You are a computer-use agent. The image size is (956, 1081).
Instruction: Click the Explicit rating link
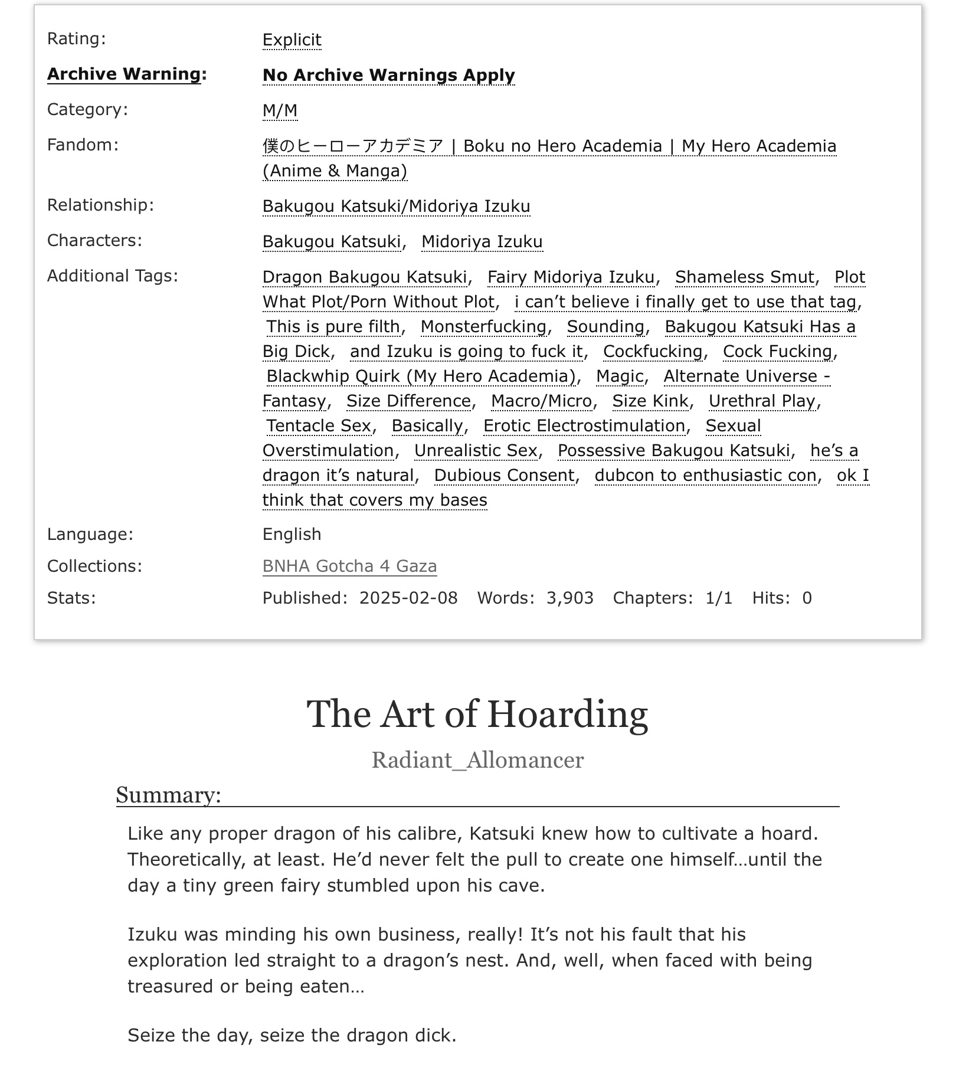(292, 40)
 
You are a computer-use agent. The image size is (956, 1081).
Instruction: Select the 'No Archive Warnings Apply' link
(388, 75)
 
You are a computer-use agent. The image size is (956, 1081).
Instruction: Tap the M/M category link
(280, 110)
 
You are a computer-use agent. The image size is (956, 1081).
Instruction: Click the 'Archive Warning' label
(124, 74)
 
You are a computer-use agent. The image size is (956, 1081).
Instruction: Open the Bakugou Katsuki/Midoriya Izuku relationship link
(396, 206)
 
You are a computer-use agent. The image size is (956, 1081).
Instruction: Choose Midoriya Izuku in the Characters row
(482, 241)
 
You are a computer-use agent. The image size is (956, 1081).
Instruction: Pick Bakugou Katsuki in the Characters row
(332, 241)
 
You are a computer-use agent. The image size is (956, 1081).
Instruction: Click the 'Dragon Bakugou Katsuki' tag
(365, 277)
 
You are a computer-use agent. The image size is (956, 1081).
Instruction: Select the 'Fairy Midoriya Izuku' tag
(571, 277)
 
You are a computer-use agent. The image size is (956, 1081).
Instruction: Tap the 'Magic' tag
(619, 376)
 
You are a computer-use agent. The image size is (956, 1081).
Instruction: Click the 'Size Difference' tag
(408, 401)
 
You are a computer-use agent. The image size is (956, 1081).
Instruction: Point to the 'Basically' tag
(427, 425)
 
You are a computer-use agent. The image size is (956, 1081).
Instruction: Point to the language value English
(292, 534)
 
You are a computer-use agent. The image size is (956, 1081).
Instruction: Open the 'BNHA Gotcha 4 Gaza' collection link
(349, 566)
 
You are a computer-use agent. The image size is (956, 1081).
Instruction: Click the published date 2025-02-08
(408, 598)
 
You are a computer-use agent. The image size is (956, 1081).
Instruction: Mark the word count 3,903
(569, 598)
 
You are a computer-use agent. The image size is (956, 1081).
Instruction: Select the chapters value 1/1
(719, 598)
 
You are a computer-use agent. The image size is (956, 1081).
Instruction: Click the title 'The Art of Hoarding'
(477, 714)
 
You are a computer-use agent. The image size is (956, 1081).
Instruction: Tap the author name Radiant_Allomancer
(477, 760)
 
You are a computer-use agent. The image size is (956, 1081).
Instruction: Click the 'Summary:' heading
(168, 795)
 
